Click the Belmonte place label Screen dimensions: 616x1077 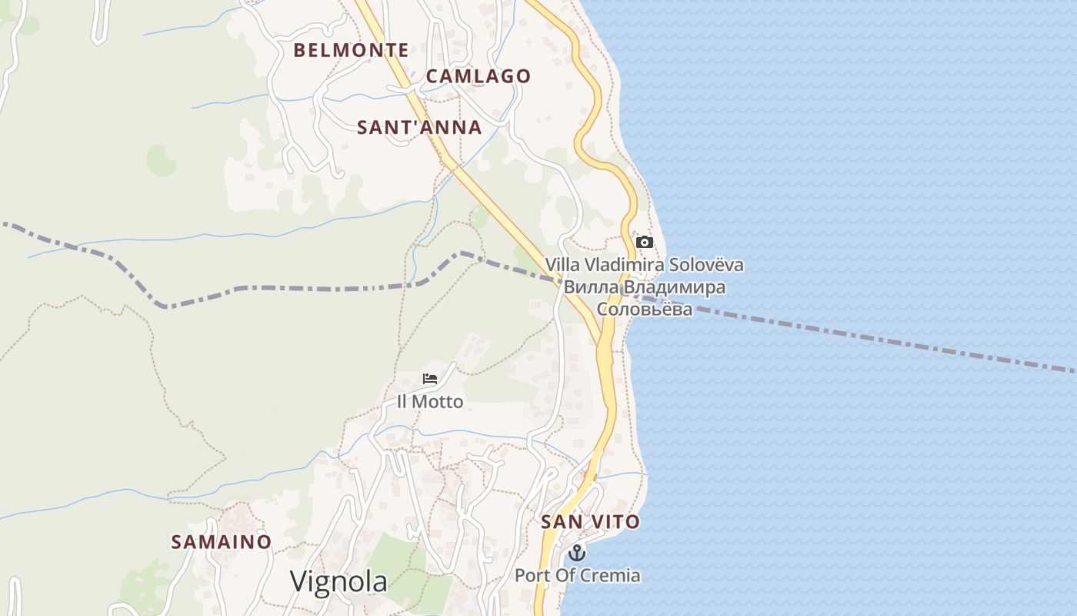coord(352,51)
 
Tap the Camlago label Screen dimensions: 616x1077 coord(478,76)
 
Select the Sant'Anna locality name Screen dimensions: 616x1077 coord(419,128)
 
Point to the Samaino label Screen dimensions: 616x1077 coord(221,542)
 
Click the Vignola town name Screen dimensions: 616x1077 coord(338,581)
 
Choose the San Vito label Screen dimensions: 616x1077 coord(590,522)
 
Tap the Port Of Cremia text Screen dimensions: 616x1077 coord(577,575)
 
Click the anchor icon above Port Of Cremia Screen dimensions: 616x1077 coord(576,553)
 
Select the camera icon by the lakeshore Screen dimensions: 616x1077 coord(645,243)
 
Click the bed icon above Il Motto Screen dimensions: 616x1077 coord(430,379)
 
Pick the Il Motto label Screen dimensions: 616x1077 coord(430,402)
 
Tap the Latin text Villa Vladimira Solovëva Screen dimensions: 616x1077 coord(645,265)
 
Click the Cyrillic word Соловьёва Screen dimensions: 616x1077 coord(645,310)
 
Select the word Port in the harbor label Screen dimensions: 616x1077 coord(531,575)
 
